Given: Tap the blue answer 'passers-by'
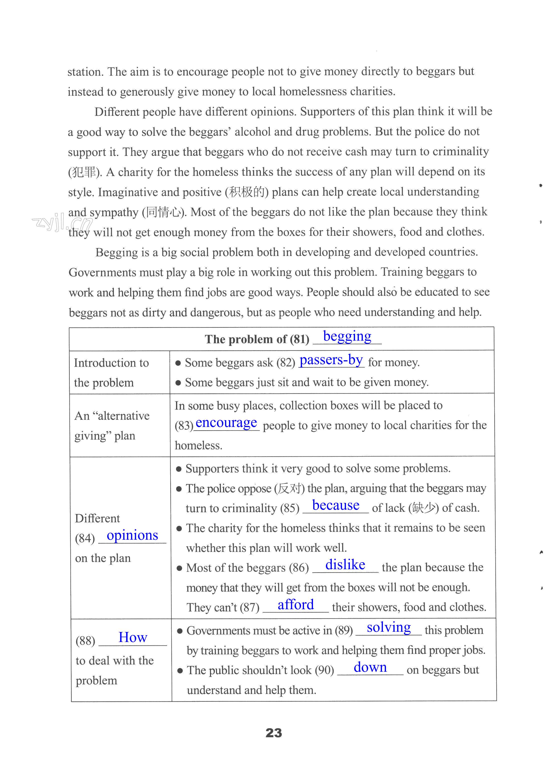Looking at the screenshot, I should (331, 360).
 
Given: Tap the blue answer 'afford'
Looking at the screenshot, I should (295, 605).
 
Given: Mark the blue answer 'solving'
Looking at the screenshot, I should (389, 627).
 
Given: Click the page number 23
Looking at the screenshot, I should (273, 733).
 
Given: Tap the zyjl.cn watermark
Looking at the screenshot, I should (62, 222).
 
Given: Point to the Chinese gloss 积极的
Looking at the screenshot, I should (246, 192).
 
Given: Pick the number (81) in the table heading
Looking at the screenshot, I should (299, 339).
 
